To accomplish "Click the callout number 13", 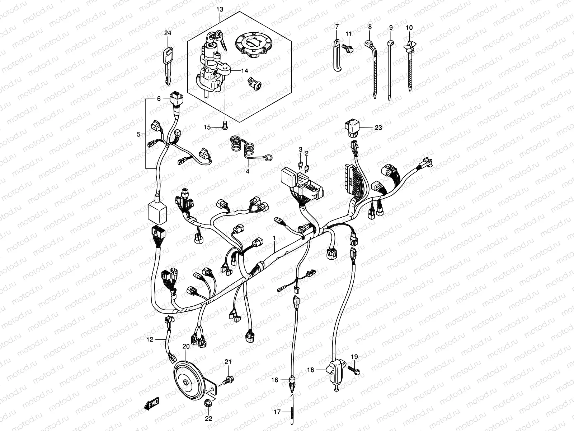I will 220,9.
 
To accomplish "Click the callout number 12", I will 150,339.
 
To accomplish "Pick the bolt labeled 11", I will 348,47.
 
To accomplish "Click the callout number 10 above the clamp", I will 409,27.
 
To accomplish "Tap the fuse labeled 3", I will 301,165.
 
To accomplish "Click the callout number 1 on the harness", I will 274,238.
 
